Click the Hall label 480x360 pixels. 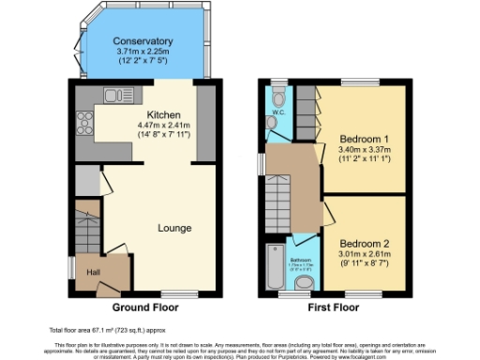[x=94, y=272]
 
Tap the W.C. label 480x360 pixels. [x=278, y=112]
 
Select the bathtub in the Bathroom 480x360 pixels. [x=275, y=267]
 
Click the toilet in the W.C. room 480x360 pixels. [x=278, y=97]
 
